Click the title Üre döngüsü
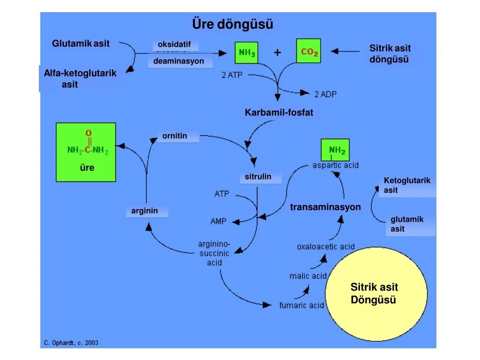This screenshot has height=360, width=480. pyautogui.click(x=232, y=24)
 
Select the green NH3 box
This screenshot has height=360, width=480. pyautogui.click(x=247, y=52)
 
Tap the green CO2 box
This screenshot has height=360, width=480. pyautogui.click(x=308, y=51)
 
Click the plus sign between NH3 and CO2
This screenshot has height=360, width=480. pyautogui.click(x=277, y=52)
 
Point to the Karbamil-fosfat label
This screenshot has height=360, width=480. pyautogui.click(x=279, y=112)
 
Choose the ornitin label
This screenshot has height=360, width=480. pyautogui.click(x=175, y=136)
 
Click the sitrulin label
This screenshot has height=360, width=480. pyautogui.click(x=258, y=177)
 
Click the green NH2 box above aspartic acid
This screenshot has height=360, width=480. pyautogui.click(x=337, y=150)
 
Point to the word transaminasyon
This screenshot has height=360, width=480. pyautogui.click(x=325, y=207)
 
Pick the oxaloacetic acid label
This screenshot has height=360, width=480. pyautogui.click(x=325, y=247)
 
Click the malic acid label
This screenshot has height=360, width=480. pyautogui.click(x=307, y=276)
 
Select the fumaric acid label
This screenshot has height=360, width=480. pyautogui.click(x=301, y=305)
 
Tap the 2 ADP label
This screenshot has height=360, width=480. pyautogui.click(x=325, y=94)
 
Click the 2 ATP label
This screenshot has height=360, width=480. pyautogui.click(x=232, y=75)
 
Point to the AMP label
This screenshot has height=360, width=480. pyautogui.click(x=218, y=221)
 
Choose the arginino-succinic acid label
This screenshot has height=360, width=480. pyautogui.click(x=214, y=253)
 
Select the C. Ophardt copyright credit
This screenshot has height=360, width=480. pyautogui.click(x=71, y=343)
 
